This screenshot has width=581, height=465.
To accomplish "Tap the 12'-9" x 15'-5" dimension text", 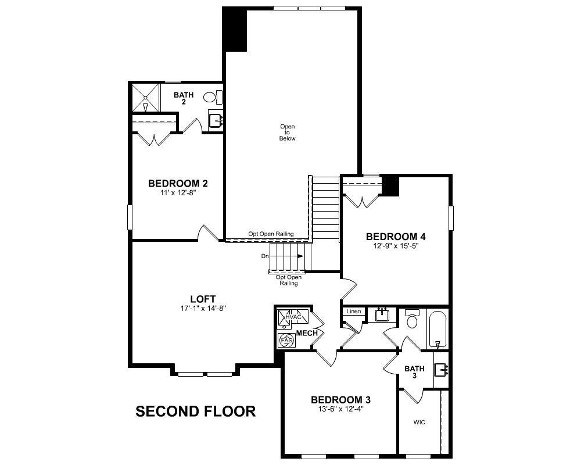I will [x=396, y=246].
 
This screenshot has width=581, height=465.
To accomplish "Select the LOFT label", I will [x=203, y=299].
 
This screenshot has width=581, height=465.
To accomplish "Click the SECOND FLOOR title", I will [x=195, y=412].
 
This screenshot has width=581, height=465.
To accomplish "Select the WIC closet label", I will [x=419, y=423].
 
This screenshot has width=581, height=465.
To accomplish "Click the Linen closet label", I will [x=353, y=312].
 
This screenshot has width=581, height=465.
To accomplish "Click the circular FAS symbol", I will [x=286, y=340].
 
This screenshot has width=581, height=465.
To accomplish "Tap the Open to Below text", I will [x=288, y=133].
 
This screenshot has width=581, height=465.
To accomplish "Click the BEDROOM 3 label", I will [x=340, y=400].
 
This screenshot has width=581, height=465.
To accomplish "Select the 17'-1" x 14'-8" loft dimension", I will [x=203, y=309].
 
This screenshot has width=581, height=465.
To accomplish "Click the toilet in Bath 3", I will [x=413, y=321].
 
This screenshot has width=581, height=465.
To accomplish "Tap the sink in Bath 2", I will [x=216, y=120].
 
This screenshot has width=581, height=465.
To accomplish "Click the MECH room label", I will [x=307, y=333].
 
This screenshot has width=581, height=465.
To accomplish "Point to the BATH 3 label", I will [x=414, y=372].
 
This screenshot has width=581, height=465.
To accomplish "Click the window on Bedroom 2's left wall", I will [x=130, y=218].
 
